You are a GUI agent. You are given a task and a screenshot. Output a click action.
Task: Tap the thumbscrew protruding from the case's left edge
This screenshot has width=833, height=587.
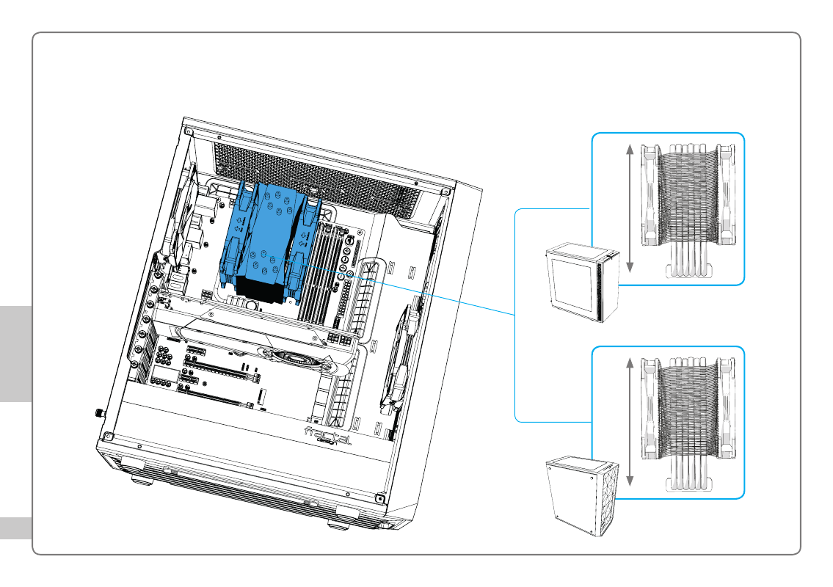[x=100, y=412]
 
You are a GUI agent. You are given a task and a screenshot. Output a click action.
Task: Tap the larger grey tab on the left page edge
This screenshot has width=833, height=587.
[x=16, y=354]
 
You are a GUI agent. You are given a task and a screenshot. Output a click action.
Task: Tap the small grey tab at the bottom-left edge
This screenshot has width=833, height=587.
[x=16, y=528]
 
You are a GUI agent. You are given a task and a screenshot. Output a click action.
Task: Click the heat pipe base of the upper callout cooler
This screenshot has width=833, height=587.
[x=688, y=271]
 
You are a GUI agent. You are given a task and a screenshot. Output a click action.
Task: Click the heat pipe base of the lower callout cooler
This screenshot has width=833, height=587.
[x=688, y=484]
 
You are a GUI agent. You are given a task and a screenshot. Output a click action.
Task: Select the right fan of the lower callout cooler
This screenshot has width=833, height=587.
[x=727, y=409]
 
